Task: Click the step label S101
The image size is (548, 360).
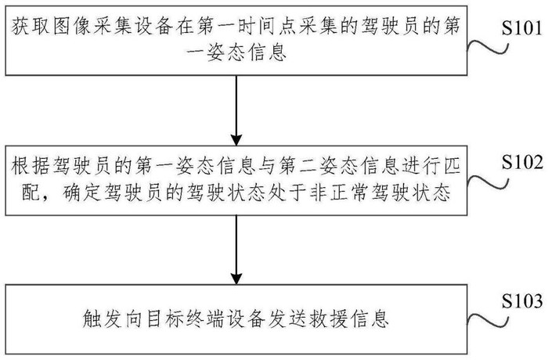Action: click(x=522, y=27)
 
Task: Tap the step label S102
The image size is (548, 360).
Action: click(x=522, y=162)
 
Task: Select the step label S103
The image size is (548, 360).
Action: click(x=522, y=301)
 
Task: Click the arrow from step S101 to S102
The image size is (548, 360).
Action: click(x=236, y=110)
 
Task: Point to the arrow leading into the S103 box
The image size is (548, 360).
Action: click(x=236, y=250)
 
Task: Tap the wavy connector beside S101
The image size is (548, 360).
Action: click(x=488, y=48)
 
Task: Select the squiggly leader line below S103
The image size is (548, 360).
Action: click(x=488, y=321)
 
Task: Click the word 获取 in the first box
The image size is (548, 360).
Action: click(x=31, y=27)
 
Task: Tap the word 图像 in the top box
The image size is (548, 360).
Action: click(x=72, y=27)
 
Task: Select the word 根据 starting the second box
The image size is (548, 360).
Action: click(x=31, y=166)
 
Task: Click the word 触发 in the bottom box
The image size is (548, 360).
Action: click(x=103, y=319)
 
